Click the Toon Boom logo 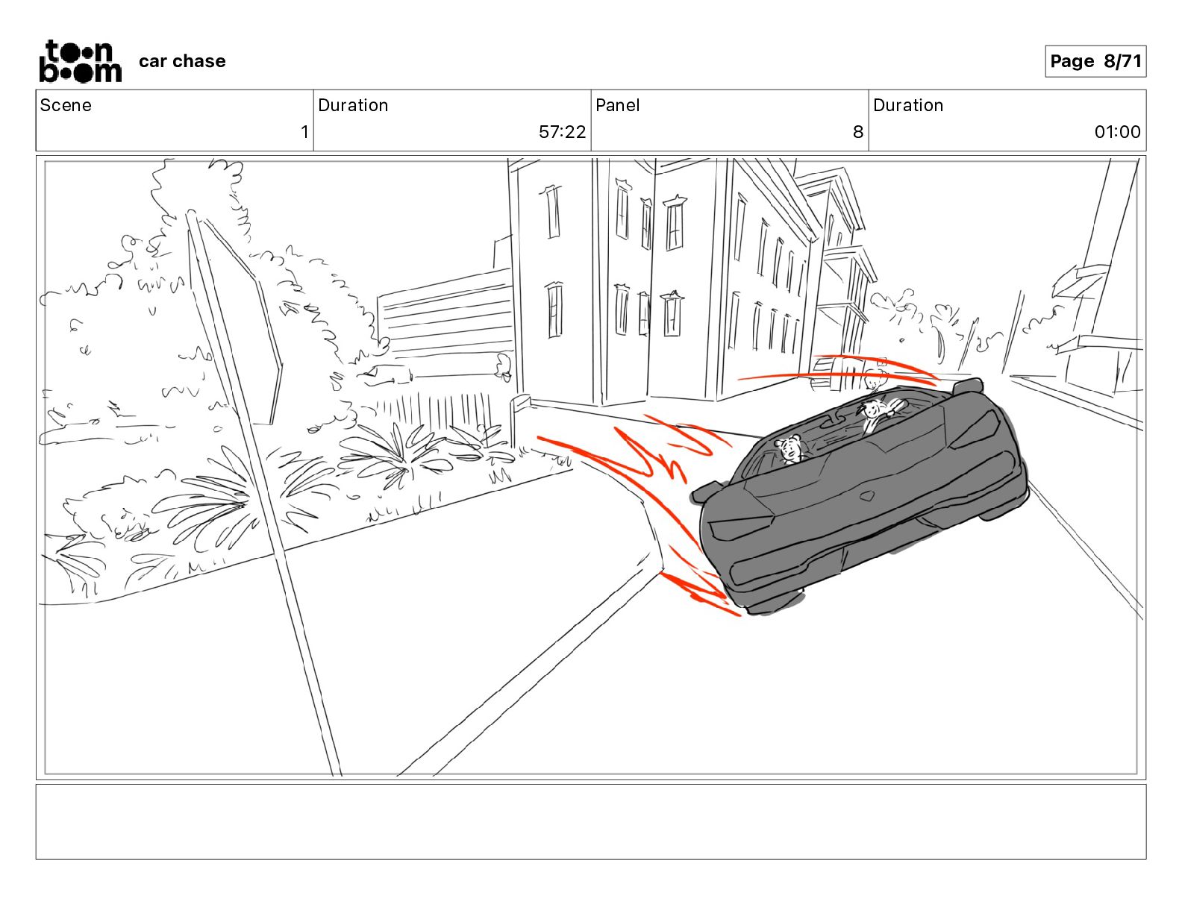click(81, 61)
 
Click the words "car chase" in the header click(182, 61)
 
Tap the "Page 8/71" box click(1095, 61)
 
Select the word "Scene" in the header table click(66, 105)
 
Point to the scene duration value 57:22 click(562, 131)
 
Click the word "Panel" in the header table click(617, 105)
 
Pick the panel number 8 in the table click(858, 131)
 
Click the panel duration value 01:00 click(1117, 131)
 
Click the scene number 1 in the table click(304, 131)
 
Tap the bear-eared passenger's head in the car click(789, 449)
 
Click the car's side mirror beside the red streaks click(707, 492)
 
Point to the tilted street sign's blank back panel click(235, 321)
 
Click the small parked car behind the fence click(386, 374)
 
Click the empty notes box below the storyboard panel click(591, 822)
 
